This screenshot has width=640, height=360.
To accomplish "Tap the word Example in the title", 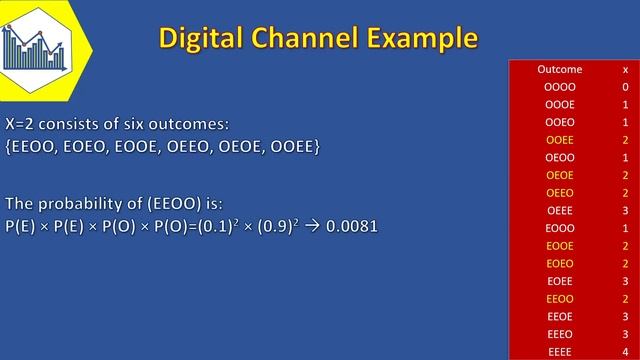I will tap(419, 39).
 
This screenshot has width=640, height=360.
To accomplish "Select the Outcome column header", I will tap(559, 69).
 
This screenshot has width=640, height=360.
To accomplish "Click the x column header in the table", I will tap(625, 69).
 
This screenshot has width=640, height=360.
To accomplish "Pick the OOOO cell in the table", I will tap(559, 87).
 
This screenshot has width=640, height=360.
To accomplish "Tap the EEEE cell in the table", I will tap(559, 351).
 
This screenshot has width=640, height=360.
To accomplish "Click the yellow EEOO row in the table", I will tap(559, 298).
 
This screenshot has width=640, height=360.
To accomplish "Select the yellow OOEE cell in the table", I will tap(559, 140).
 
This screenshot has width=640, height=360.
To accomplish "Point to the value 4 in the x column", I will tap(625, 351).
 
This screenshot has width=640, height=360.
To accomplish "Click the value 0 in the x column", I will tap(625, 87).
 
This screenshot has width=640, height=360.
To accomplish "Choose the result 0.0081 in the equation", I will tap(351, 226).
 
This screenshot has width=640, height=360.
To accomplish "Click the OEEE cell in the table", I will tap(559, 210).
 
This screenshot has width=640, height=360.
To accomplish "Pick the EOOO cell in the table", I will tap(559, 228).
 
